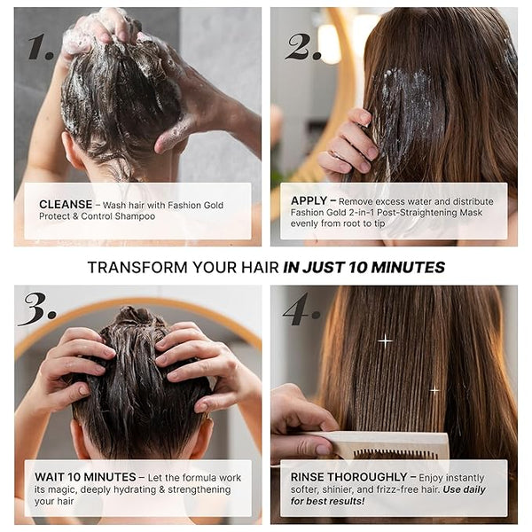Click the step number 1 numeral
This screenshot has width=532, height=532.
click(41, 47)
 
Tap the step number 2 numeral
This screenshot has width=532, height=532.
click(303, 47)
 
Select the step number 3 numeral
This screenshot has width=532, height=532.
click(37, 309)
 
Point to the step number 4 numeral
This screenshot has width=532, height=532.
click(301, 309)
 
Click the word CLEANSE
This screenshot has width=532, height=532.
click(66, 204)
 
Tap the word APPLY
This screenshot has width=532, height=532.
click(309, 201)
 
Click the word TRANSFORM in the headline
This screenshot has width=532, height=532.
click(137, 268)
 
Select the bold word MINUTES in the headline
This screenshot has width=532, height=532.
click(408, 268)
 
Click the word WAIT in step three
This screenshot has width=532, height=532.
click(49, 477)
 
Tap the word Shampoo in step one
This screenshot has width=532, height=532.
click(135, 216)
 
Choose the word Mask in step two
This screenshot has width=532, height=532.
click(471, 213)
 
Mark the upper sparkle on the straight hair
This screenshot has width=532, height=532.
click(385, 340)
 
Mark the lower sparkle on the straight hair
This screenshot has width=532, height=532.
click(434, 390)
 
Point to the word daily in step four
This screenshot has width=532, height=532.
click(474, 490)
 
